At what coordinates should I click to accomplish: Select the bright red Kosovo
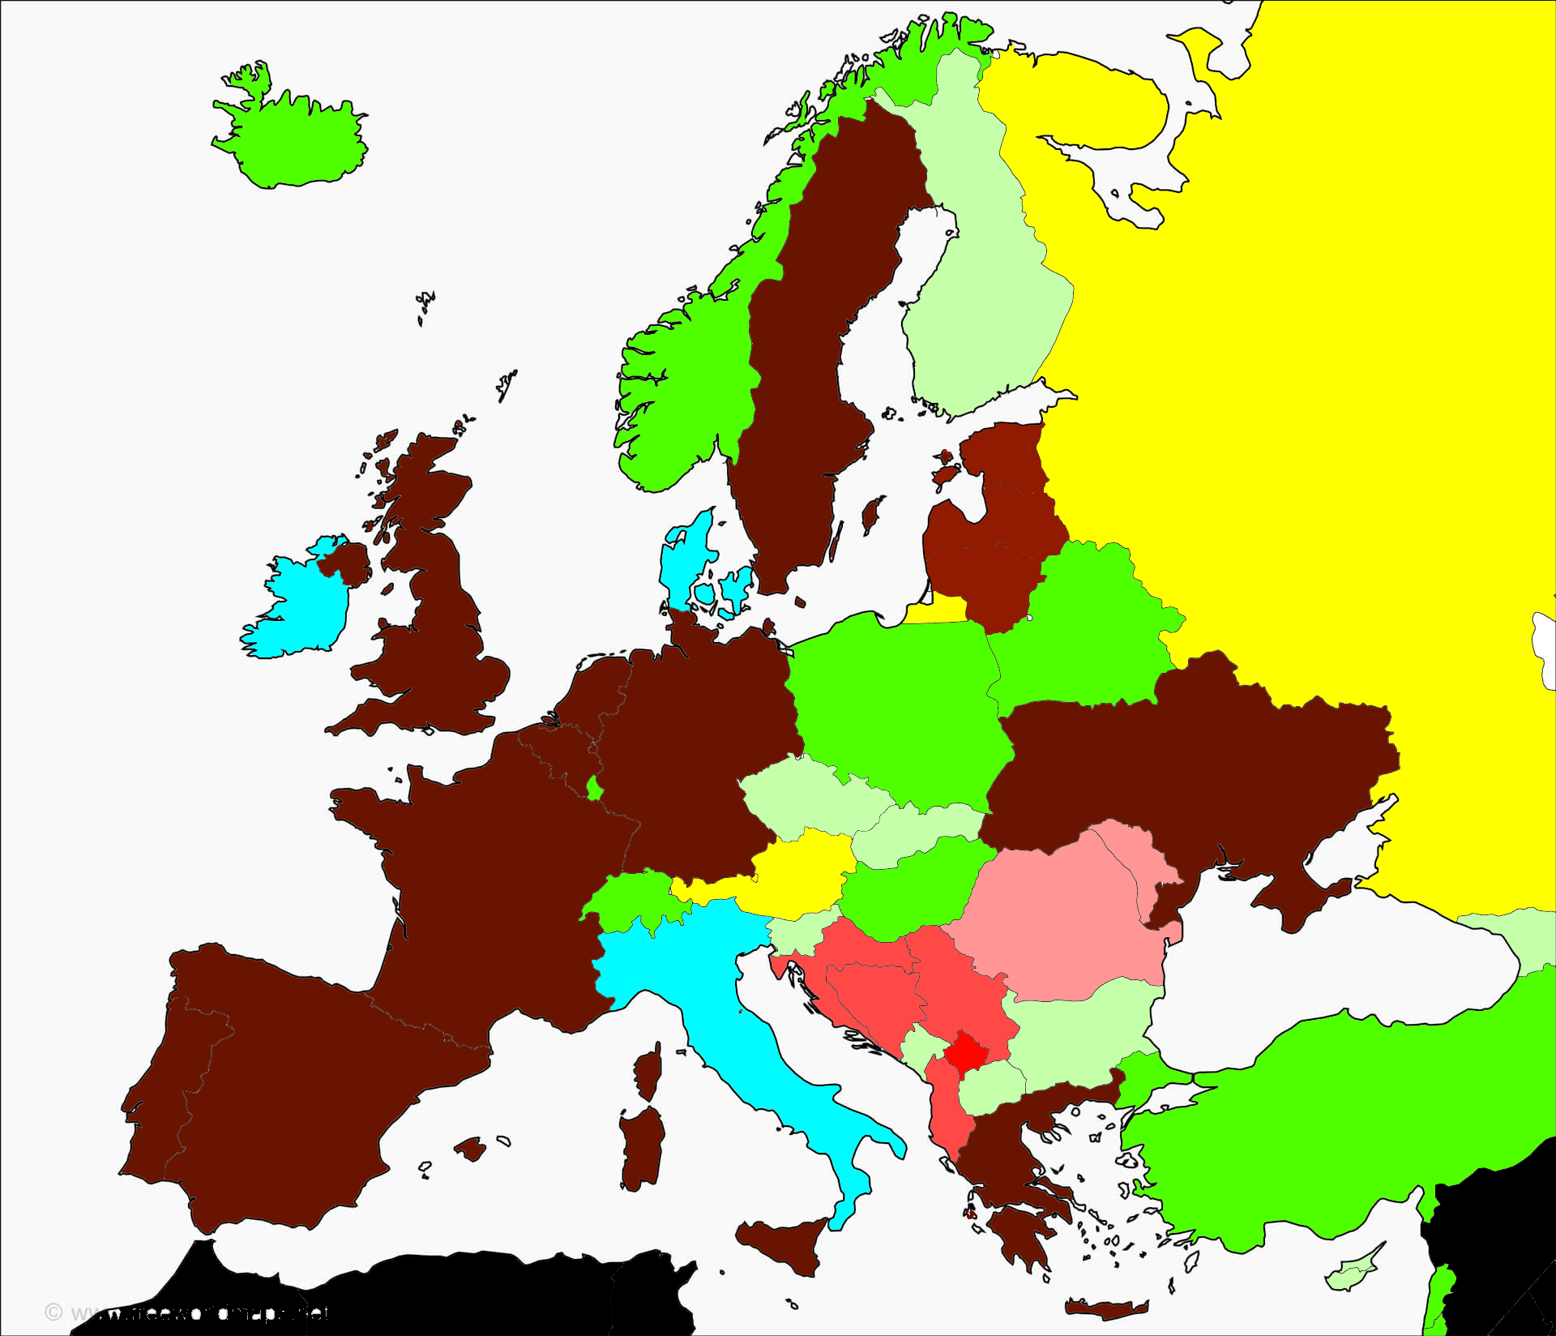pyautogui.click(x=967, y=1053)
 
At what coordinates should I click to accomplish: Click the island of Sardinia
pyautogui.click(x=642, y=1148)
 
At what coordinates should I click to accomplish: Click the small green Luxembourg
pyautogui.click(x=594, y=787)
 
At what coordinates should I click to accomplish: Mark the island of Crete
pyautogui.click(x=1106, y=1308)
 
